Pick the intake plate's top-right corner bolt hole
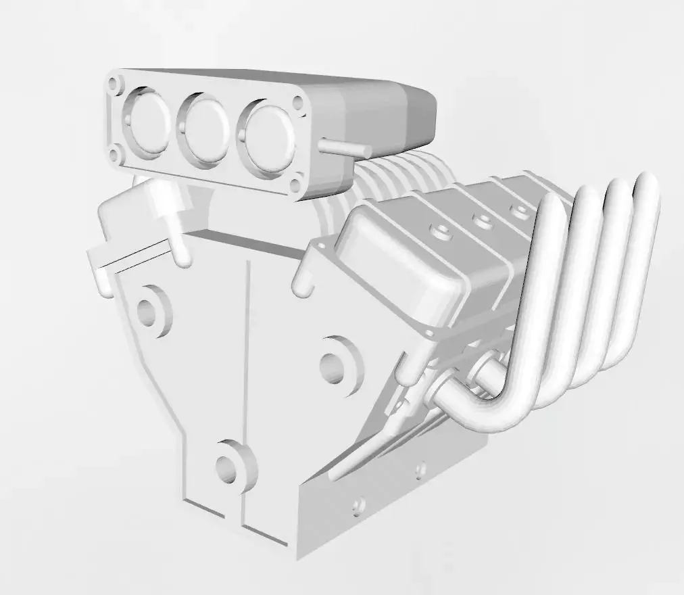pyautogui.click(x=297, y=103)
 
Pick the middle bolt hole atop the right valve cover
pyautogui.click(x=482, y=220)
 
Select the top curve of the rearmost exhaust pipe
pyautogui.click(x=648, y=184)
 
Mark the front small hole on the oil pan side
pyautogui.click(x=359, y=504)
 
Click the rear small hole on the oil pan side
pyautogui.click(x=420, y=470)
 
